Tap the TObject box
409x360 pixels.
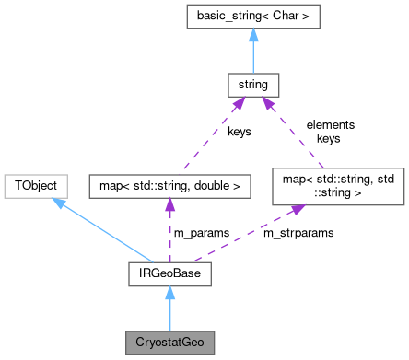coord(34,184)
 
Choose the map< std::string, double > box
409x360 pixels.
coord(169,185)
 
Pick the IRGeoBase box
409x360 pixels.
coord(169,273)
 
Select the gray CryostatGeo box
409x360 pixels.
coord(169,342)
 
